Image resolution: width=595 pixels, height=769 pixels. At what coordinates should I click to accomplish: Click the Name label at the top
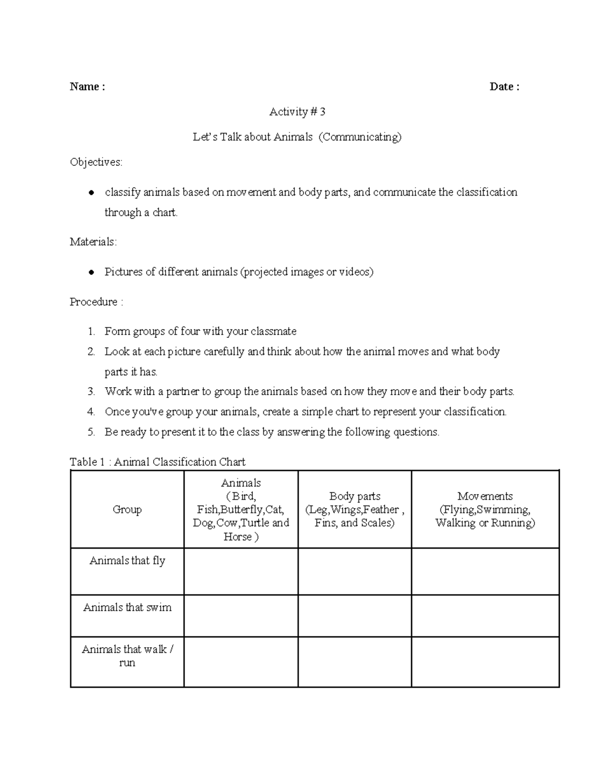(x=87, y=87)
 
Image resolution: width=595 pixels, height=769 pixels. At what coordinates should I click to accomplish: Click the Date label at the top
(x=504, y=87)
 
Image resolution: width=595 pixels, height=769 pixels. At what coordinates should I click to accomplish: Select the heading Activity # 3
(x=297, y=112)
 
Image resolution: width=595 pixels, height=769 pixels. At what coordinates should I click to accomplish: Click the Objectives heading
(x=96, y=162)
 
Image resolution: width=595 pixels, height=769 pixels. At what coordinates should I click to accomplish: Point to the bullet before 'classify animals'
(x=91, y=193)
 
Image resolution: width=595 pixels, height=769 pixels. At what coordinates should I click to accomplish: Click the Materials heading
(x=93, y=242)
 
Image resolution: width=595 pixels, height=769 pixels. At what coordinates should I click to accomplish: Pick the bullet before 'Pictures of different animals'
(x=91, y=272)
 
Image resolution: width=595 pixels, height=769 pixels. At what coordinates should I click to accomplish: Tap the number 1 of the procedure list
(x=91, y=332)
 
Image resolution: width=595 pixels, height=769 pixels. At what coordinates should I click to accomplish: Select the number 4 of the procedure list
(x=91, y=412)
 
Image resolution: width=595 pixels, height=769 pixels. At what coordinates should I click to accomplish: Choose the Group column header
(x=127, y=510)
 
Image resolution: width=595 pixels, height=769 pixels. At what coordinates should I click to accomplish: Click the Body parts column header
(x=355, y=496)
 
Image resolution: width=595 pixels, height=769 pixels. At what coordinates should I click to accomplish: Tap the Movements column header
(x=485, y=496)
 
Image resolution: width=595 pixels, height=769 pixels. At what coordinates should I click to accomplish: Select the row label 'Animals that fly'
(x=127, y=561)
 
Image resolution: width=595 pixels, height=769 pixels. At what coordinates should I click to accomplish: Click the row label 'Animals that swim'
(x=127, y=608)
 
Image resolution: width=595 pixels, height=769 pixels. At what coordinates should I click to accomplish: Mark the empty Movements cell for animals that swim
(x=485, y=615)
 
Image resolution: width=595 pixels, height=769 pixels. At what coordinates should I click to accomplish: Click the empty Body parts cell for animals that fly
(x=355, y=571)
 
